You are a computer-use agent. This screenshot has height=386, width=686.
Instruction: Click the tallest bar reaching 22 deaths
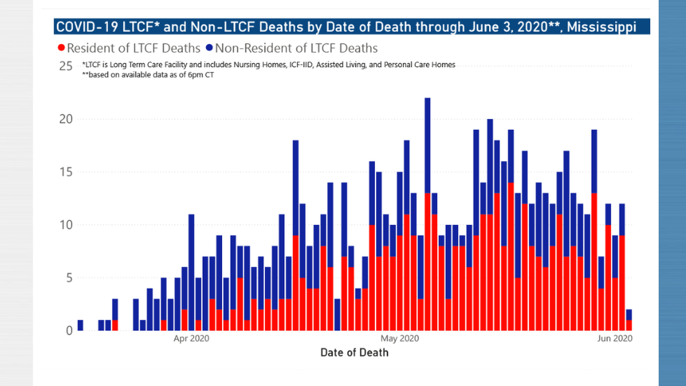pyautogui.click(x=427, y=214)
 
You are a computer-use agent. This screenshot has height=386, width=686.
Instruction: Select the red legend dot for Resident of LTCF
pyautogui.click(x=61, y=48)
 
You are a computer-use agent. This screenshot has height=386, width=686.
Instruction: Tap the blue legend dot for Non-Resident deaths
pyautogui.click(x=209, y=48)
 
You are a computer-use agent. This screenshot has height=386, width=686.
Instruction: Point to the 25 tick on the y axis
pyautogui.click(x=66, y=66)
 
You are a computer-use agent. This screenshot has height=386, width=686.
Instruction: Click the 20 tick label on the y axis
pyautogui.click(x=66, y=119)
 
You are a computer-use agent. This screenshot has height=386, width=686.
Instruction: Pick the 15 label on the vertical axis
pyautogui.click(x=66, y=172)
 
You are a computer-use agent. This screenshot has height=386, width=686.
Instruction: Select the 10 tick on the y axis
pyautogui.click(x=66, y=225)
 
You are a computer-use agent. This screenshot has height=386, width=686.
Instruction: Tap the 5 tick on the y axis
pyautogui.click(x=69, y=278)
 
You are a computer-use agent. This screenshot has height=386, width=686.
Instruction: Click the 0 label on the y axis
pyautogui.click(x=69, y=331)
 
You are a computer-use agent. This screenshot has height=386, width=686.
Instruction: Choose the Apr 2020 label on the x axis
pyautogui.click(x=192, y=338)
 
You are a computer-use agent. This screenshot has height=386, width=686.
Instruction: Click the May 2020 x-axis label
pyautogui.click(x=400, y=338)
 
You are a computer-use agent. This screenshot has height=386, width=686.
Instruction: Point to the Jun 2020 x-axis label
pyautogui.click(x=615, y=338)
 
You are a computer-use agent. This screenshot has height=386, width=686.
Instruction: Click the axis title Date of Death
pyautogui.click(x=354, y=353)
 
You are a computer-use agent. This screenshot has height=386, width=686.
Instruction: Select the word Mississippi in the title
pyautogui.click(x=602, y=27)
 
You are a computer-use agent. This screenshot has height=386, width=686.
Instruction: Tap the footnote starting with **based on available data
pyautogui.click(x=148, y=75)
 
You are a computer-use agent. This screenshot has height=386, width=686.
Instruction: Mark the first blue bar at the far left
pyautogui.click(x=80, y=325)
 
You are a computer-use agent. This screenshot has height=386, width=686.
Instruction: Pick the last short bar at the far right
pyautogui.click(x=629, y=320)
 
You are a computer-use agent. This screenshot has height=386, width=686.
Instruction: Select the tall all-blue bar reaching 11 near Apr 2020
pyautogui.click(x=191, y=272)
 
